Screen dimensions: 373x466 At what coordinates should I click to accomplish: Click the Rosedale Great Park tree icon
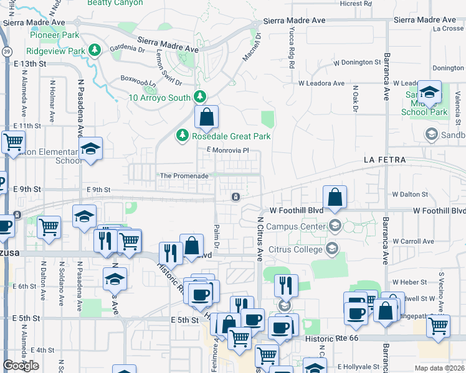pyautogui.click(x=182, y=136)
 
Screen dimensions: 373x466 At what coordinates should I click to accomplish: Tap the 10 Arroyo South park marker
pyautogui.click(x=199, y=97)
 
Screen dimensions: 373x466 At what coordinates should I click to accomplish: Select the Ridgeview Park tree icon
pyautogui.click(x=95, y=50)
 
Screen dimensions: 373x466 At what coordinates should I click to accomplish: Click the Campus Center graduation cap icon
pyautogui.click(x=335, y=225)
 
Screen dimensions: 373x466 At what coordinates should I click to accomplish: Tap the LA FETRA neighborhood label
pyautogui.click(x=385, y=160)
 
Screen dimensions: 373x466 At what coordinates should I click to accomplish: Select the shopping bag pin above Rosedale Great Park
pyautogui.click(x=206, y=117)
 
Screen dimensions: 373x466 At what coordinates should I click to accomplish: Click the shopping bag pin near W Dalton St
pyautogui.click(x=335, y=197)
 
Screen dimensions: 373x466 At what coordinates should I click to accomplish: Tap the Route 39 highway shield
pyautogui.click(x=4, y=51)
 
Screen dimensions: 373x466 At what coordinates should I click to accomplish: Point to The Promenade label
pyautogui.click(x=184, y=176)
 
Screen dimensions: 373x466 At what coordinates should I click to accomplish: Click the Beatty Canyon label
pyautogui.click(x=115, y=3)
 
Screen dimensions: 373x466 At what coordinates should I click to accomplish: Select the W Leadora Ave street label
pyautogui.click(x=321, y=83)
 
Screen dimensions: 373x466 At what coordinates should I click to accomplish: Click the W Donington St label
pyautogui.click(x=357, y=63)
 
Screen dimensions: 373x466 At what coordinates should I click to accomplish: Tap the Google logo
pyautogui.click(x=21, y=365)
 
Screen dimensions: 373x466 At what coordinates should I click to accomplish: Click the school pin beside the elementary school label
pyautogui.click(x=90, y=149)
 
